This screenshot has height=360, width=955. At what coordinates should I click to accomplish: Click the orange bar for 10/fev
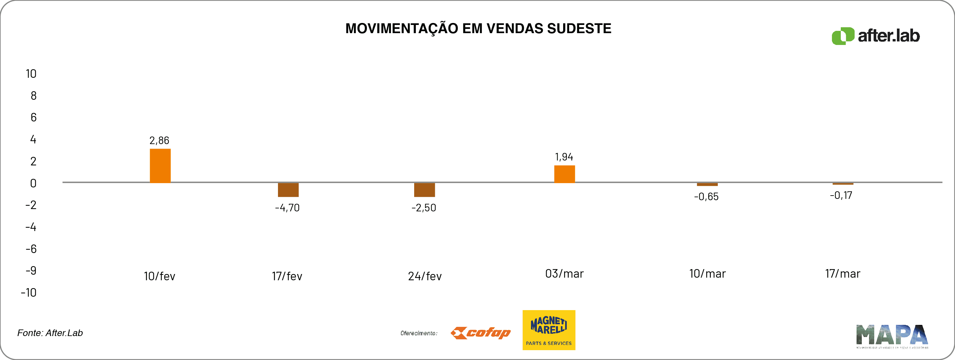tap(160, 166)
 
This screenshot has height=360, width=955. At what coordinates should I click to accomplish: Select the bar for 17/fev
tap(288, 190)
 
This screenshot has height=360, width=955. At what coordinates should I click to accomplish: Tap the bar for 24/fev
tap(424, 190)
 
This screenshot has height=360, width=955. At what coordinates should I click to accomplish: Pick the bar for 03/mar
tap(564, 174)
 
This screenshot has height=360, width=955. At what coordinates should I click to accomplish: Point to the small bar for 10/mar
tap(707, 184)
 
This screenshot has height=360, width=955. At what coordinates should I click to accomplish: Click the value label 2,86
tap(159, 140)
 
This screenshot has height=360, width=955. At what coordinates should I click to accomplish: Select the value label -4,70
tap(287, 208)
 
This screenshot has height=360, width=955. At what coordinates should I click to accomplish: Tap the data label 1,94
tap(564, 157)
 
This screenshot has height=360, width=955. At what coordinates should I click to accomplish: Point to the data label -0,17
tap(841, 195)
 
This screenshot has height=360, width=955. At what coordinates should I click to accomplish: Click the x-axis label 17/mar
tap(842, 274)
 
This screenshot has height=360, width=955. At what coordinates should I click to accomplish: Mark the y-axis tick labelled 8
tap(33, 95)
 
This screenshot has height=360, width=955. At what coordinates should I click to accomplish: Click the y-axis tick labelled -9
tap(31, 271)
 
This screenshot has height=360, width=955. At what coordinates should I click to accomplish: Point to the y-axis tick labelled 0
tap(33, 183)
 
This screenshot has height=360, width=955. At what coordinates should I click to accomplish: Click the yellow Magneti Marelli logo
tap(549, 330)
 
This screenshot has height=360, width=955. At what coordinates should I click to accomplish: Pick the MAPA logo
tap(892, 336)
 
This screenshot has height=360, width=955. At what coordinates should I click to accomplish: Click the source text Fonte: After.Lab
tap(50, 333)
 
